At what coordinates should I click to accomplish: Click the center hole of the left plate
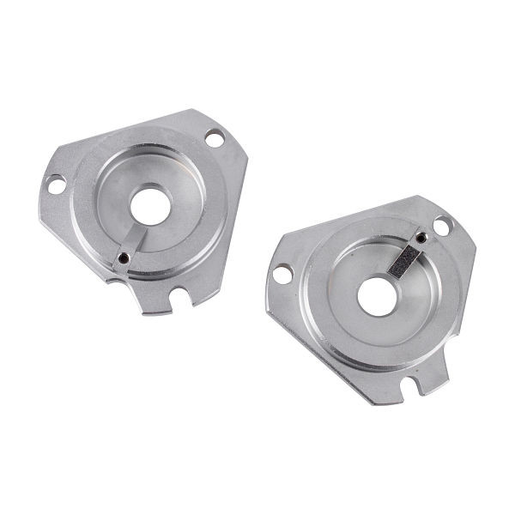click(151, 203)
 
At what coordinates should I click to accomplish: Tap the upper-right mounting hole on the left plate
click(214, 137)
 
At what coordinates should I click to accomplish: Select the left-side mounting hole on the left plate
click(55, 184)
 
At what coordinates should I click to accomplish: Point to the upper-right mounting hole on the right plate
click(442, 226)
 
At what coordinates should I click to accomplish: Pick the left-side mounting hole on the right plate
click(282, 275)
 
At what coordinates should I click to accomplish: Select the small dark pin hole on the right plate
click(421, 239)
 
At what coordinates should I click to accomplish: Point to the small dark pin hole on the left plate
click(124, 257)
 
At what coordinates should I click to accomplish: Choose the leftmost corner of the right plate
click(266, 300)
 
